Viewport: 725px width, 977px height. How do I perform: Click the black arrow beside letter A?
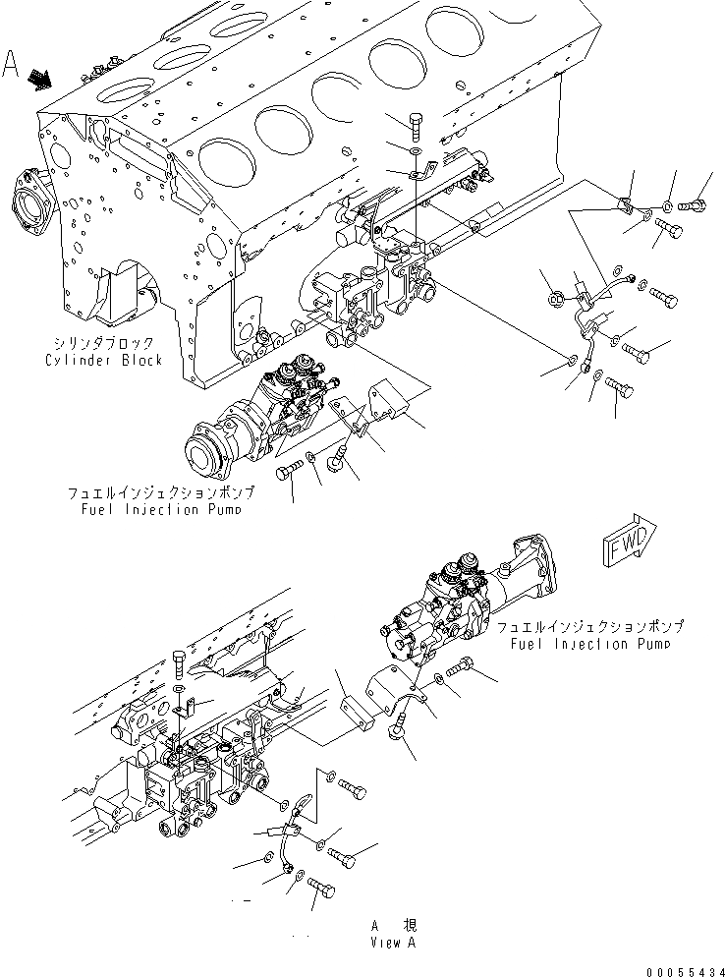pos(40,78)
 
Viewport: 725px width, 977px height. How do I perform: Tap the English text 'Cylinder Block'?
pos(103,360)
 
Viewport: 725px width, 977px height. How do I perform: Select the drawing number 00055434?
pos(679,968)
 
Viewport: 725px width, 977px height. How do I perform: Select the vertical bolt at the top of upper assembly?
pos(416,127)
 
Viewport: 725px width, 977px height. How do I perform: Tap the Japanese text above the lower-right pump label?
pos(589,626)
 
